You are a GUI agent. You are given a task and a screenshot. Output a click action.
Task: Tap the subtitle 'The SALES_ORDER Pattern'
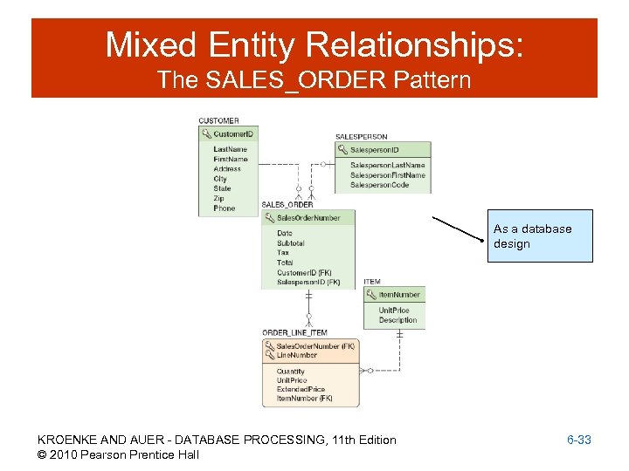pyautogui.click(x=314, y=81)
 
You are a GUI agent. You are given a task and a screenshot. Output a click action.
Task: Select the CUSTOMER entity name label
pyautogui.click(x=218, y=120)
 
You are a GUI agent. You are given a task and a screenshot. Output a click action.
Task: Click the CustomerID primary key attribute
pyautogui.click(x=233, y=134)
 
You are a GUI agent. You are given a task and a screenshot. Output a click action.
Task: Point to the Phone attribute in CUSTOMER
pyautogui.click(x=225, y=208)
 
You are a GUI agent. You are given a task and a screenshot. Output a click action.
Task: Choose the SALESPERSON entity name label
pyautogui.click(x=362, y=137)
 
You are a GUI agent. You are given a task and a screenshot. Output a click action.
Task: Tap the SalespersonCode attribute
pyautogui.click(x=380, y=185)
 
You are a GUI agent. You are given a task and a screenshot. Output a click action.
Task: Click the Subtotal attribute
pyautogui.click(x=291, y=243)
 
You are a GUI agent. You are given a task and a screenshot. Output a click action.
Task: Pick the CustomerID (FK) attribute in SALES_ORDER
pyautogui.click(x=304, y=273)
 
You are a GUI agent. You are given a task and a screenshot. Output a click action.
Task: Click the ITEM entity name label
pyautogui.click(x=372, y=282)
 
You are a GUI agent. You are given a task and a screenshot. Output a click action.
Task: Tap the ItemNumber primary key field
pyautogui.click(x=398, y=295)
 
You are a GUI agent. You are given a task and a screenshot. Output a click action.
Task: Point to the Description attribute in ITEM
pyautogui.click(x=397, y=320)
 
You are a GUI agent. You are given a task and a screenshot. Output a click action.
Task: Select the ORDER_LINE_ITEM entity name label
pyautogui.click(x=294, y=332)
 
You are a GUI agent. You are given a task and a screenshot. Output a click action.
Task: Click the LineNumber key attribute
pyautogui.click(x=297, y=355)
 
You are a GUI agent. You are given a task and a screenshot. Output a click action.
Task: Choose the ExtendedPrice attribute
pyautogui.click(x=301, y=390)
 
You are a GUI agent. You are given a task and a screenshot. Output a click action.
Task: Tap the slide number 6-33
pyautogui.click(x=578, y=440)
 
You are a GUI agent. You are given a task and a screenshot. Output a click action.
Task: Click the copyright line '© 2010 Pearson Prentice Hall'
pyautogui.click(x=118, y=454)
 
